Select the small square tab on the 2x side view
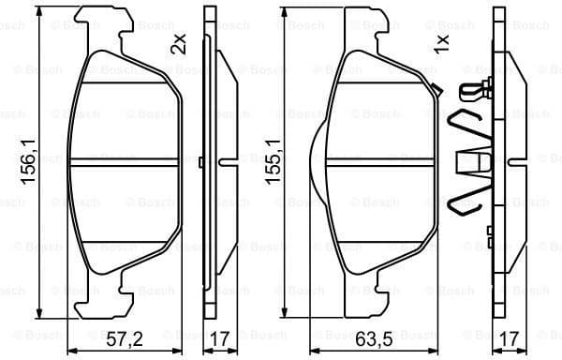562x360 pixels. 202,162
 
